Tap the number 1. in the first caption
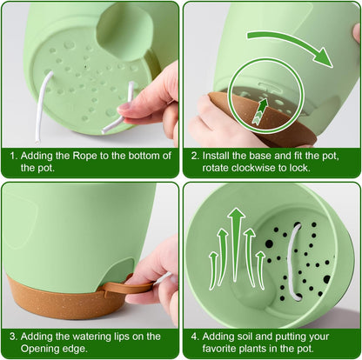coord(14,156)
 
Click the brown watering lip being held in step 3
coord(131,285)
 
